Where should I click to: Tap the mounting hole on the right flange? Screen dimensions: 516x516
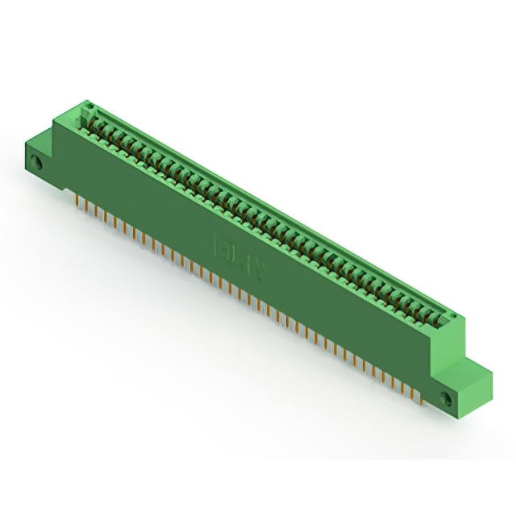pos(449,397)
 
